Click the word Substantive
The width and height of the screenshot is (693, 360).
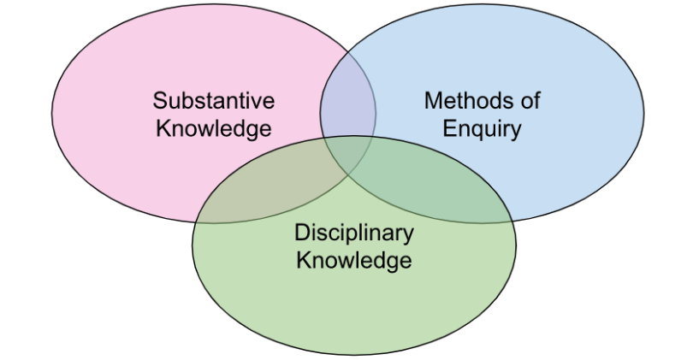pos(214,101)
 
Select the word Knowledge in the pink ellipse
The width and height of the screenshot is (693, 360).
pos(214,129)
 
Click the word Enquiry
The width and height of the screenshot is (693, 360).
pos(483,129)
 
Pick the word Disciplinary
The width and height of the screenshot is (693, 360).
pos(353,233)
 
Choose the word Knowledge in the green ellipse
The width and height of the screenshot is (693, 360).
pos(353,260)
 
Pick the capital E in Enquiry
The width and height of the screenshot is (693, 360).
pos(448,129)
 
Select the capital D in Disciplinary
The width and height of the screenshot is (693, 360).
pos(301,233)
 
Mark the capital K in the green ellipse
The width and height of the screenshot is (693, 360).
pos(302,260)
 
